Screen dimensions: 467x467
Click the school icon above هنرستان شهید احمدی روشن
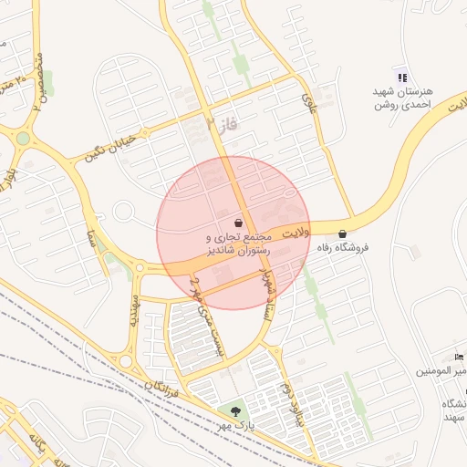(x=402, y=77)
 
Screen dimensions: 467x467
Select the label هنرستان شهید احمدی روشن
(x=408, y=99)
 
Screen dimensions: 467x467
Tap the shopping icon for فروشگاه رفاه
(x=342, y=233)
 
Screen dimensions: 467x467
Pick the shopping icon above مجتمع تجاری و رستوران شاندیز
(x=238, y=223)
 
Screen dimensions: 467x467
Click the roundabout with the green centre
(x=23, y=138)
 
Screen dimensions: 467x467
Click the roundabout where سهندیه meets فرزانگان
(x=125, y=361)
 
